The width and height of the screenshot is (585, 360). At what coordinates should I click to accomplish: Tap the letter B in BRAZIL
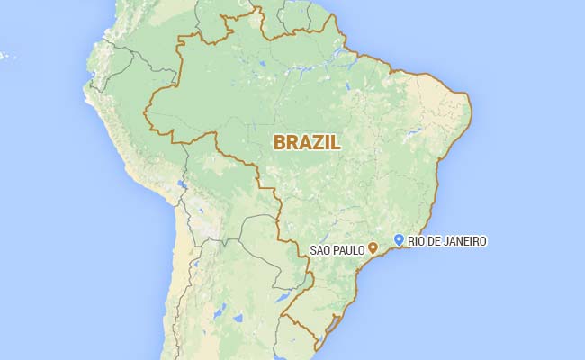tap(280, 142)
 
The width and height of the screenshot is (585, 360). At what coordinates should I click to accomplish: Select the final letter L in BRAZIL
tap(337, 142)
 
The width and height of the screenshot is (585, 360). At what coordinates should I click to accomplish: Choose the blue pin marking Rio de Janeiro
tap(399, 238)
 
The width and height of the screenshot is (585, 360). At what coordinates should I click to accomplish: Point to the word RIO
tap(416, 240)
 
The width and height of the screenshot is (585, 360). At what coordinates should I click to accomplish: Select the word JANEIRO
tap(465, 240)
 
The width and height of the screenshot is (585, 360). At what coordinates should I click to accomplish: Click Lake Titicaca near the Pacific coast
tap(182, 187)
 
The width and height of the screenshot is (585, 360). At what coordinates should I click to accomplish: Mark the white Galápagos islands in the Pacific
tap(4, 56)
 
